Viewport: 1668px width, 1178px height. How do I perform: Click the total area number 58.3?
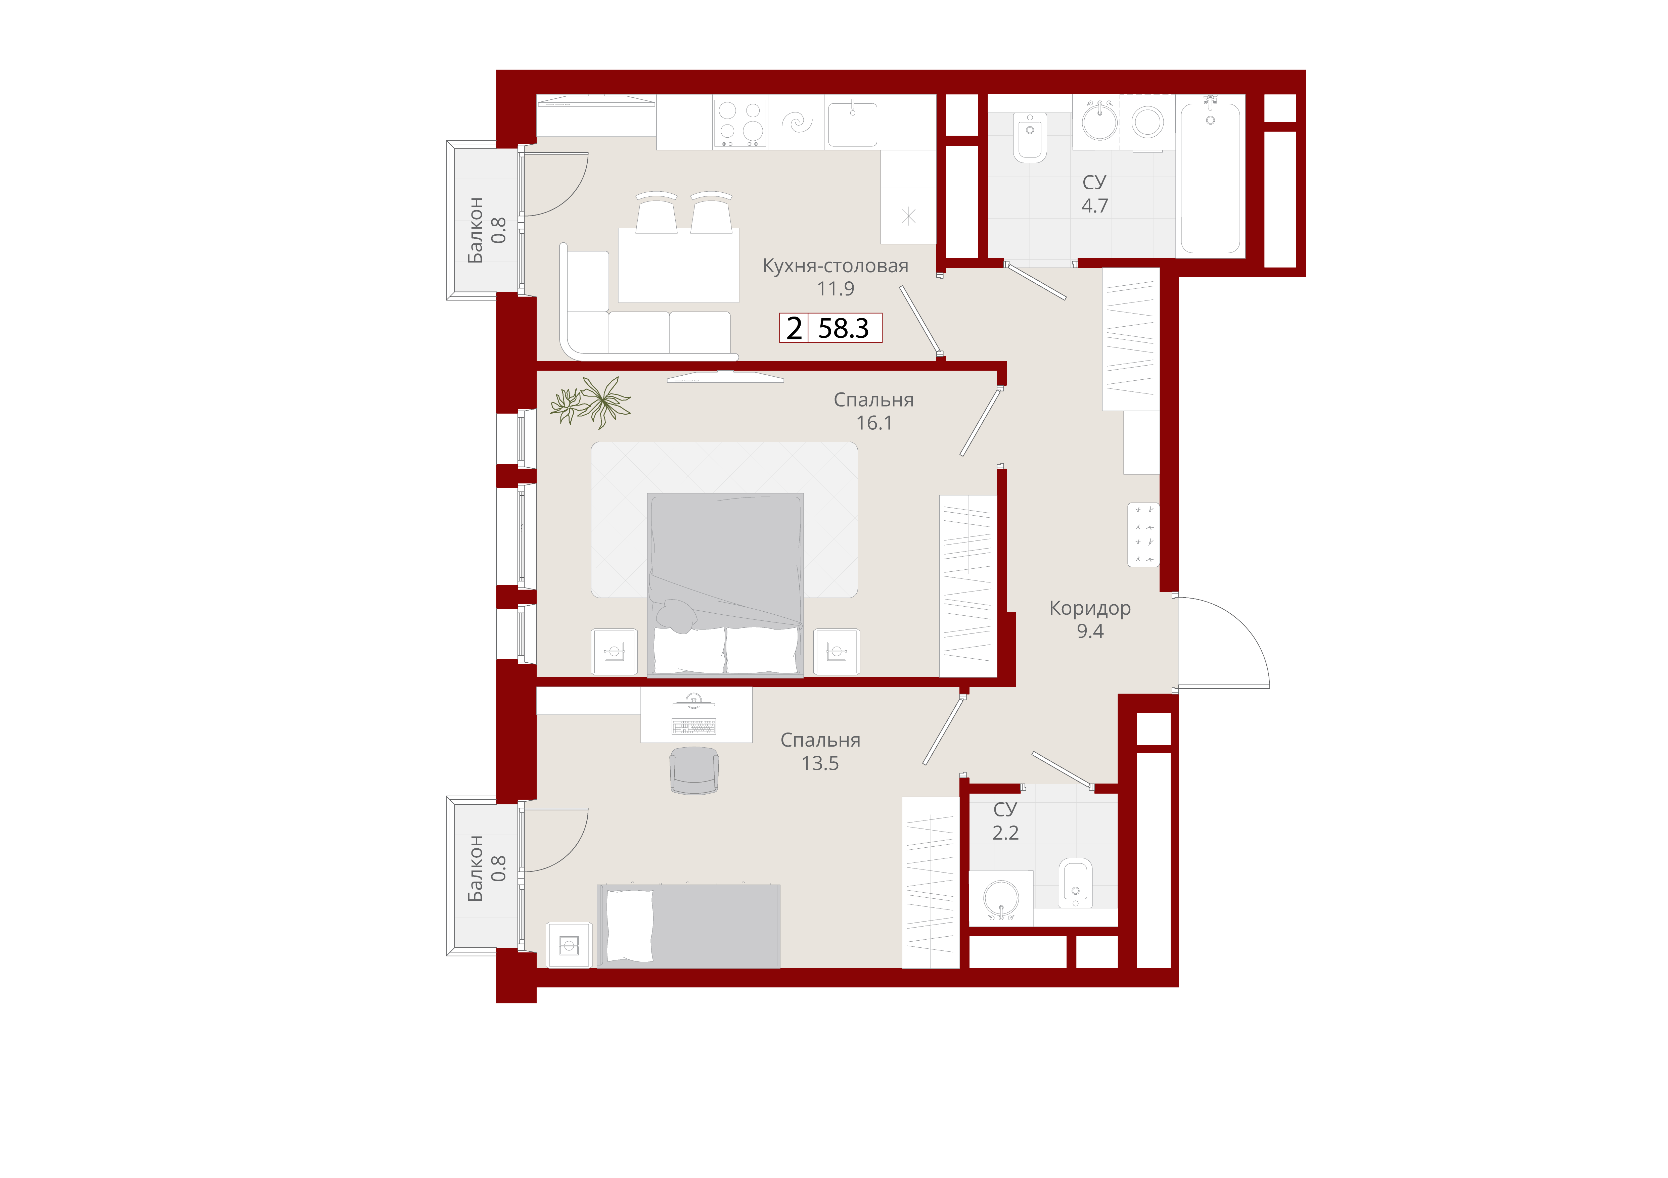tap(844, 328)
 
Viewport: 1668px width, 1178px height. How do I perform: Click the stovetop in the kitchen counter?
tap(740, 123)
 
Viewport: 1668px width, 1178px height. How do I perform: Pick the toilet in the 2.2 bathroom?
tap(1075, 883)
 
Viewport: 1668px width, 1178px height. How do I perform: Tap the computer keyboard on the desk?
tap(694, 726)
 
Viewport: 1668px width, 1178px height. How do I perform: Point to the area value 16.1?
tap(874, 423)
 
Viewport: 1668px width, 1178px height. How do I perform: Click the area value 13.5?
tap(820, 763)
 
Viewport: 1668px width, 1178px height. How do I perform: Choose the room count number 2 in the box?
tap(794, 328)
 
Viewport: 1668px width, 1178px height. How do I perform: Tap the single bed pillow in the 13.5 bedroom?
tap(629, 926)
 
